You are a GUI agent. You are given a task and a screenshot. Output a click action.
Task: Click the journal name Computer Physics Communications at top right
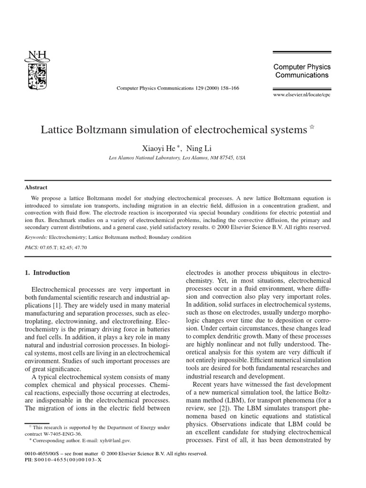point(302,71)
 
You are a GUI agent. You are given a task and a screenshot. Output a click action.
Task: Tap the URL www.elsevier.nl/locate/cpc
point(302,94)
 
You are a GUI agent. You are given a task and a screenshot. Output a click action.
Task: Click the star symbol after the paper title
point(312,127)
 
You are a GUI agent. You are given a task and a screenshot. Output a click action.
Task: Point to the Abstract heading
point(36,188)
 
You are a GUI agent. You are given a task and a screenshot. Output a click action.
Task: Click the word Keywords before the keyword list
point(35,236)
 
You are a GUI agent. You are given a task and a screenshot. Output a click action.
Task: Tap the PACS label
point(31,248)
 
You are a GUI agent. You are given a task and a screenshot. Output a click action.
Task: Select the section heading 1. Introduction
point(47,273)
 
